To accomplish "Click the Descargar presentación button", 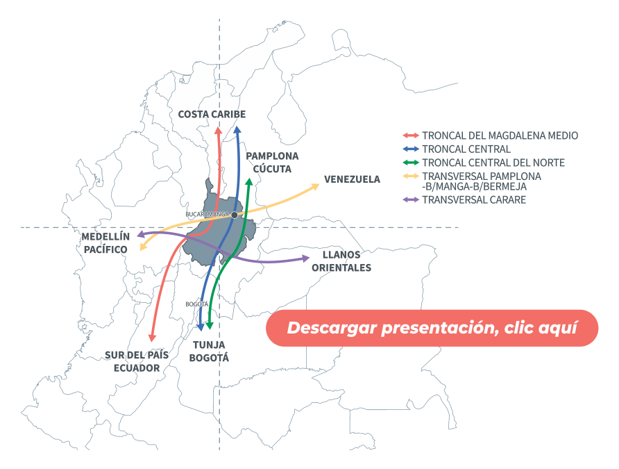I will tap(432, 327).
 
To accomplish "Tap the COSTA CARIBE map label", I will tap(212, 114).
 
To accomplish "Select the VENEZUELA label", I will tap(353, 179).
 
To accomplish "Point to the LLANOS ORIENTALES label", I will tap(341, 261).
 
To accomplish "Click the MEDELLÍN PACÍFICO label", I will tap(105, 242).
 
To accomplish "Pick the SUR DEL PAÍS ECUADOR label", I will tap(137, 361).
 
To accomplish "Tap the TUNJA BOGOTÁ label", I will tap(209, 351).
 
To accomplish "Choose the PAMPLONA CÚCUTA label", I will tap(272, 162).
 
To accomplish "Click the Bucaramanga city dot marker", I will tap(235, 215).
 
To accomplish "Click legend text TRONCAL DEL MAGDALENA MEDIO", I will tap(500, 135).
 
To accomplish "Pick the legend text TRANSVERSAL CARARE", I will tap(474, 200).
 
